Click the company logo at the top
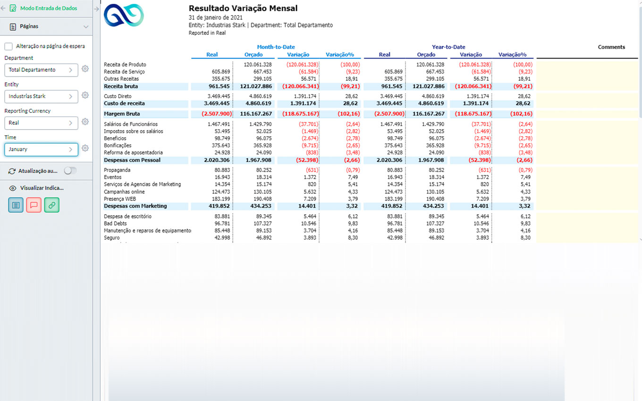(124, 15)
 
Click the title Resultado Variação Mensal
(243, 8)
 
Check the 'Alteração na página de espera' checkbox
(8, 46)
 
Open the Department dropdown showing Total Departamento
(41, 70)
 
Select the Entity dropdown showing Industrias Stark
(41, 96)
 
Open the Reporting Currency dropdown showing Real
(41, 123)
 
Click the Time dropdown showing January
(41, 149)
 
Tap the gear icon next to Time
(85, 148)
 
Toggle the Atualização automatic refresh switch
(70, 171)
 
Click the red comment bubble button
(34, 205)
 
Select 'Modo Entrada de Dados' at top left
(48, 8)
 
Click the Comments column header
(611, 47)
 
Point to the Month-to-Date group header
(276, 47)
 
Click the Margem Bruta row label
(121, 114)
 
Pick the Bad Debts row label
(116, 224)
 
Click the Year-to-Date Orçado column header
(426, 55)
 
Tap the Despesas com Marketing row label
(135, 206)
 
